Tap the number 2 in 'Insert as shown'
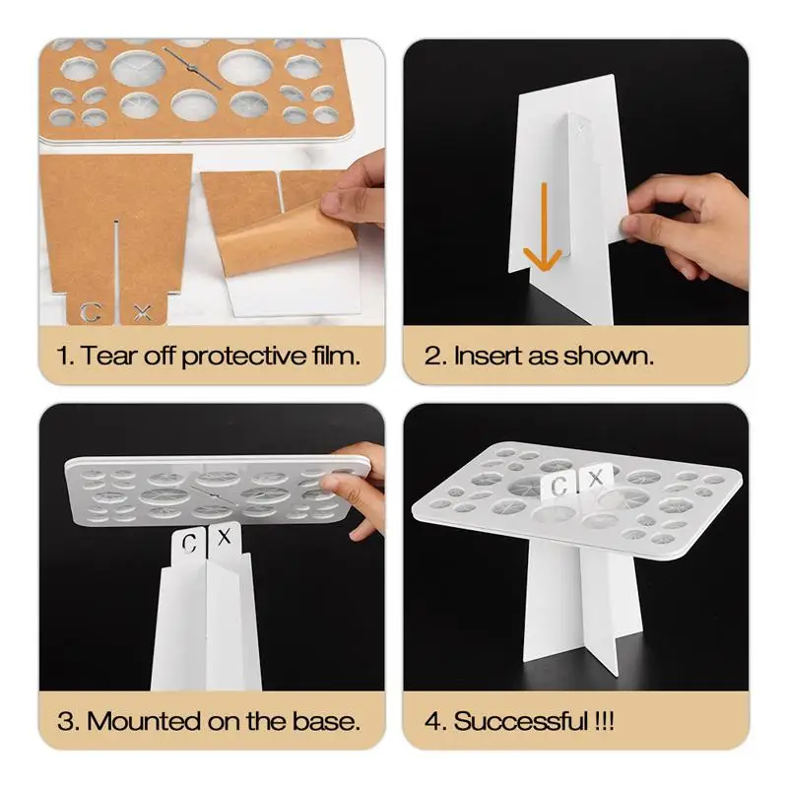coord(434,356)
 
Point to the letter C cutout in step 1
coord(92,312)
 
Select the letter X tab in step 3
coord(225,538)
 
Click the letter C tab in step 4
coord(558,486)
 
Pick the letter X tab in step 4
coord(594,480)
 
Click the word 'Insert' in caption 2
coord(485,356)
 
